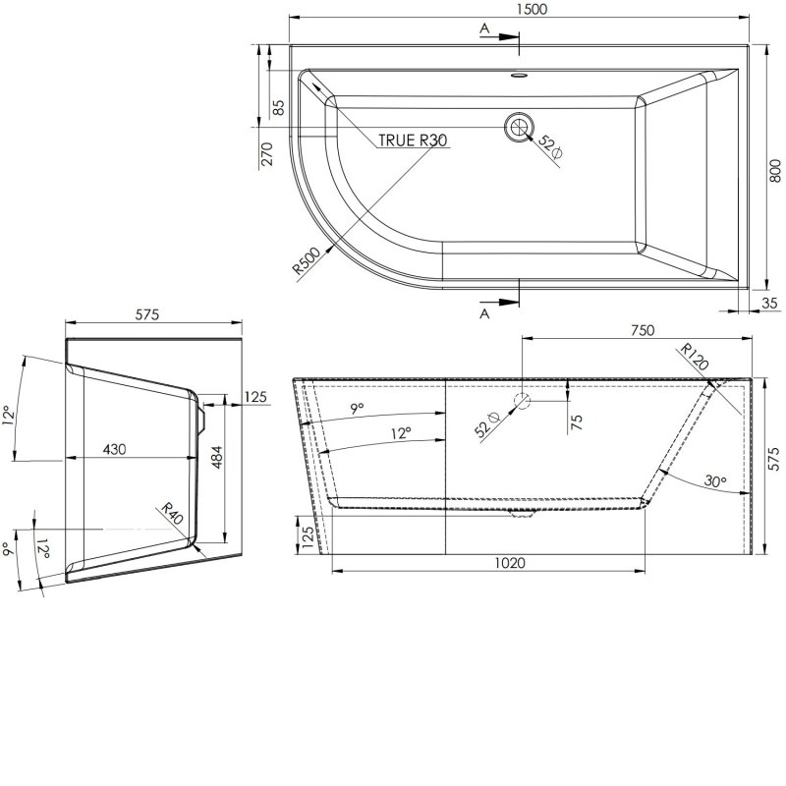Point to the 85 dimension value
pyautogui.click(x=277, y=107)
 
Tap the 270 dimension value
pyautogui.click(x=265, y=154)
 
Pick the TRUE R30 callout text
pyautogui.click(x=413, y=140)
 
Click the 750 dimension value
pyautogui.click(x=641, y=331)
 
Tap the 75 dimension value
pyautogui.click(x=577, y=421)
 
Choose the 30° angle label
pyautogui.click(x=714, y=481)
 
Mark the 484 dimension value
pyautogui.click(x=218, y=458)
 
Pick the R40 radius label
pyautogui.click(x=173, y=515)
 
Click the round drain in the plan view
pyautogui.click(x=520, y=126)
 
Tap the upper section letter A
pyautogui.click(x=484, y=29)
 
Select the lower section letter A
pyautogui.click(x=484, y=313)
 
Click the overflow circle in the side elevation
pyautogui.click(x=522, y=402)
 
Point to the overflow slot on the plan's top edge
pyautogui.click(x=520, y=74)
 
